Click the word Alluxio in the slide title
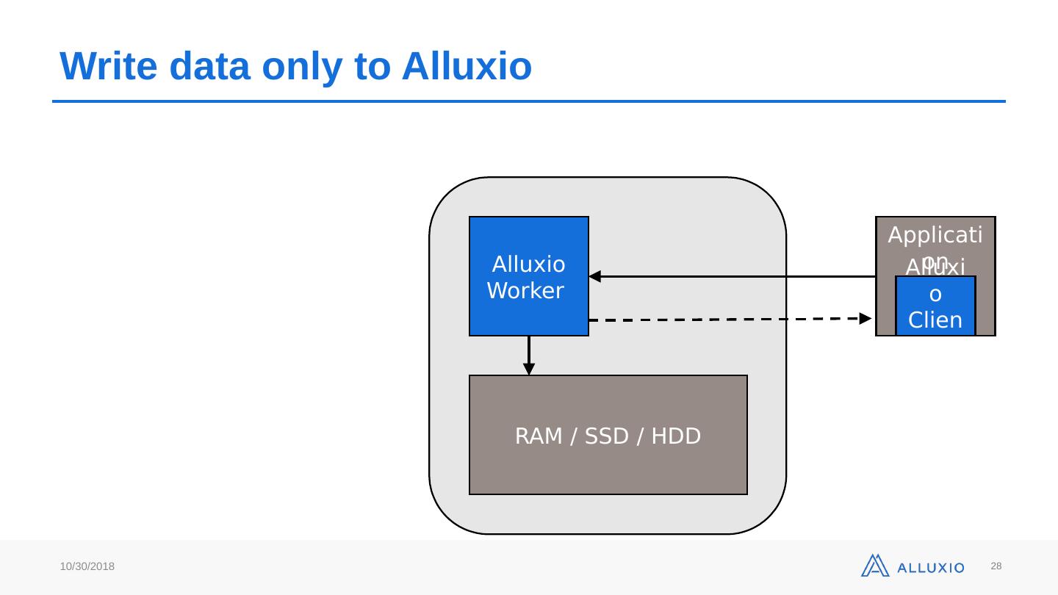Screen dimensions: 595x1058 [467, 66]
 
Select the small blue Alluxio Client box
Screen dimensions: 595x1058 [935, 306]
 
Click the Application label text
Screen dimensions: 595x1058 [935, 237]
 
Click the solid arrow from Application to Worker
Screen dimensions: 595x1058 [735, 277]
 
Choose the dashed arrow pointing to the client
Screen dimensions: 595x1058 [727, 320]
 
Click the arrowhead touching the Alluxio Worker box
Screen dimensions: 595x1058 [595, 277]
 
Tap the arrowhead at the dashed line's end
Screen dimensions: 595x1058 [866, 318]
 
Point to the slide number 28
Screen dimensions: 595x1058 [996, 566]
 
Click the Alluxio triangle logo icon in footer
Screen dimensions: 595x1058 [875, 566]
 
